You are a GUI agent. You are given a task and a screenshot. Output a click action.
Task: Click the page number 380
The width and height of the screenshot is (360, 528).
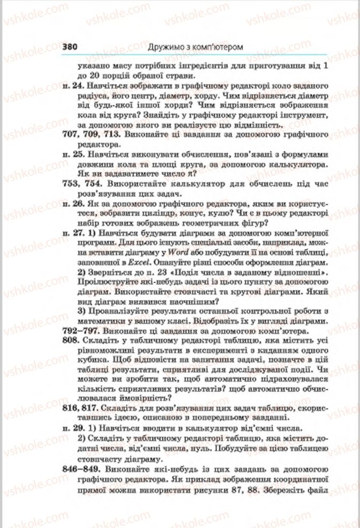[70, 47]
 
